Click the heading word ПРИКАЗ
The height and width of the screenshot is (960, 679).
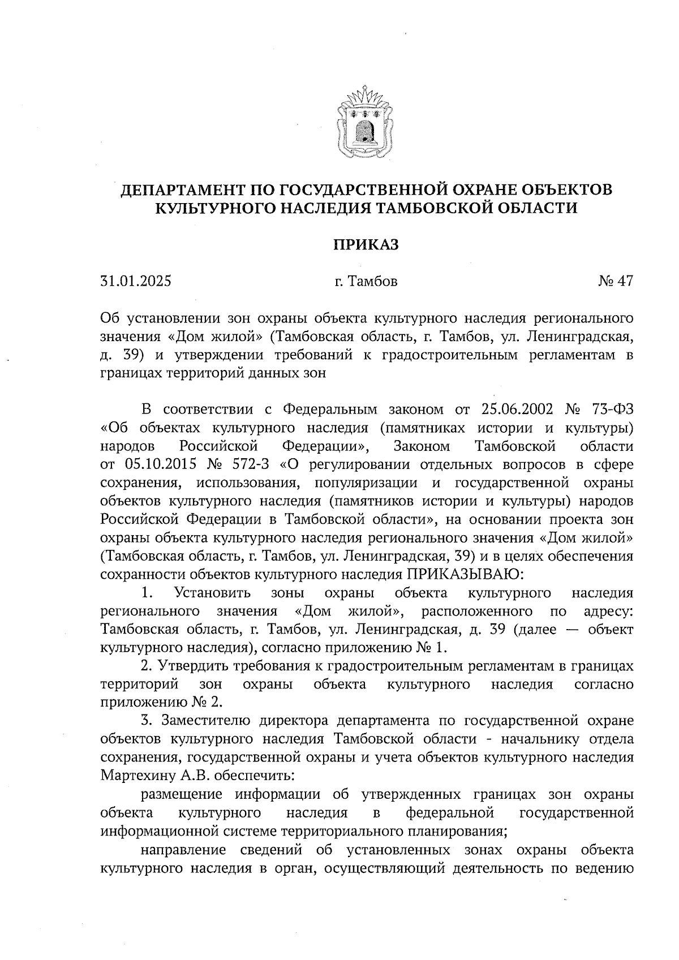pos(365,244)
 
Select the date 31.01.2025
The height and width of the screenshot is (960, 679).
pos(135,281)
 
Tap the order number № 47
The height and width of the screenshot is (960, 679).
pos(615,281)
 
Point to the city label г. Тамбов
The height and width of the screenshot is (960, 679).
pos(366,281)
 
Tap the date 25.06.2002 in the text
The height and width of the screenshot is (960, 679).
pos(517,409)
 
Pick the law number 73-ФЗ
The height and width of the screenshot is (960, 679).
pos(611,409)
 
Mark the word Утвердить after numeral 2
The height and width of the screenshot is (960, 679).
pos(193,666)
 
